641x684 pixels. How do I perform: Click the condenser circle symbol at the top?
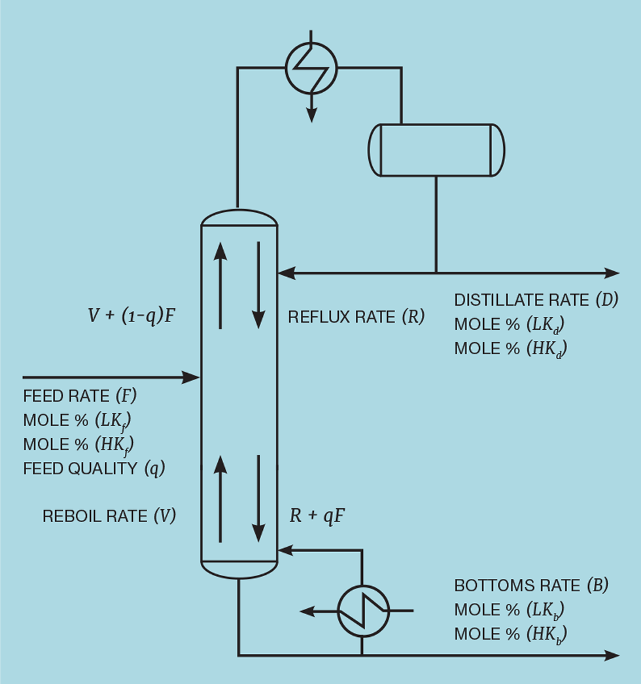click(x=311, y=67)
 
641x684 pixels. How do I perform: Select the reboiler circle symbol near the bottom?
click(x=363, y=611)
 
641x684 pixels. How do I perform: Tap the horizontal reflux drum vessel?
click(x=436, y=150)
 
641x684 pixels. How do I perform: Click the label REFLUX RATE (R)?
click(x=356, y=318)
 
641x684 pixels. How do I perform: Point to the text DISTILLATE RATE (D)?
click(x=536, y=301)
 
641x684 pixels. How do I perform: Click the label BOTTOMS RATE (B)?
click(x=531, y=585)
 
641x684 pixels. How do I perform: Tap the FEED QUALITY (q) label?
click(x=94, y=468)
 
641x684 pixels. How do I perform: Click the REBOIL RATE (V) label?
click(x=109, y=516)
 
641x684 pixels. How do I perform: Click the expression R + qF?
click(x=317, y=516)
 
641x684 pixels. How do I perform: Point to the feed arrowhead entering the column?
click(x=192, y=377)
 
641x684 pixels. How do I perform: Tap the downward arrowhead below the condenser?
click(x=311, y=116)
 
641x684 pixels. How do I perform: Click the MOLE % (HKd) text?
click(x=510, y=349)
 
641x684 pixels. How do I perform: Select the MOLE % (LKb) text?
click(x=509, y=610)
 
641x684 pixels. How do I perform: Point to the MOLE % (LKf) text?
click(x=81, y=420)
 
